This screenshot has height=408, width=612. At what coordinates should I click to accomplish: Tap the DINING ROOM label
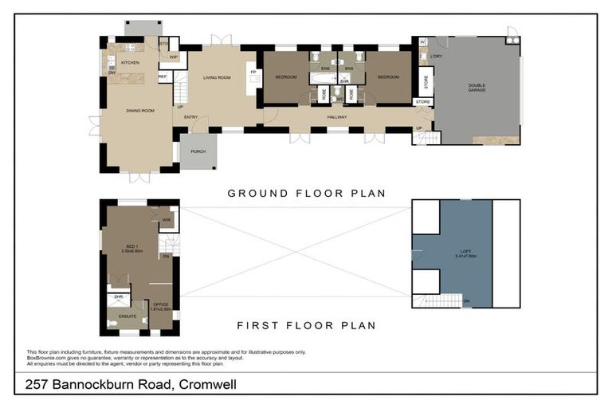coord(139,111)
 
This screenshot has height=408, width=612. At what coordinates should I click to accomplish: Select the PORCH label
coord(198,151)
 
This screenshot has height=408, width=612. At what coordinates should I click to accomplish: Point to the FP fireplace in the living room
coord(253,73)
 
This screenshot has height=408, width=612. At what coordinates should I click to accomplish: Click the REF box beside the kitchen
coord(163,77)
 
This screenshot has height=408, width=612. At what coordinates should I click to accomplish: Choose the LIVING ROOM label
coord(217,77)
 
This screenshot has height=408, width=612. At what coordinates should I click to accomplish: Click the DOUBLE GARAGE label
coord(477,88)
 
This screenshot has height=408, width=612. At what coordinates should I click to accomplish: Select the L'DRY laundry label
coord(435,57)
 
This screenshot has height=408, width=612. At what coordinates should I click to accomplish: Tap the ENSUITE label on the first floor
coord(127,316)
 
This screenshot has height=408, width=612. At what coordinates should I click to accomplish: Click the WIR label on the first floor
coord(167,220)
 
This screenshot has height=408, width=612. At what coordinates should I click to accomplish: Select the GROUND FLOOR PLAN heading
coord(306,193)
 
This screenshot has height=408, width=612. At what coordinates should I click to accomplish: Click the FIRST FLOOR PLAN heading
coord(306,325)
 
